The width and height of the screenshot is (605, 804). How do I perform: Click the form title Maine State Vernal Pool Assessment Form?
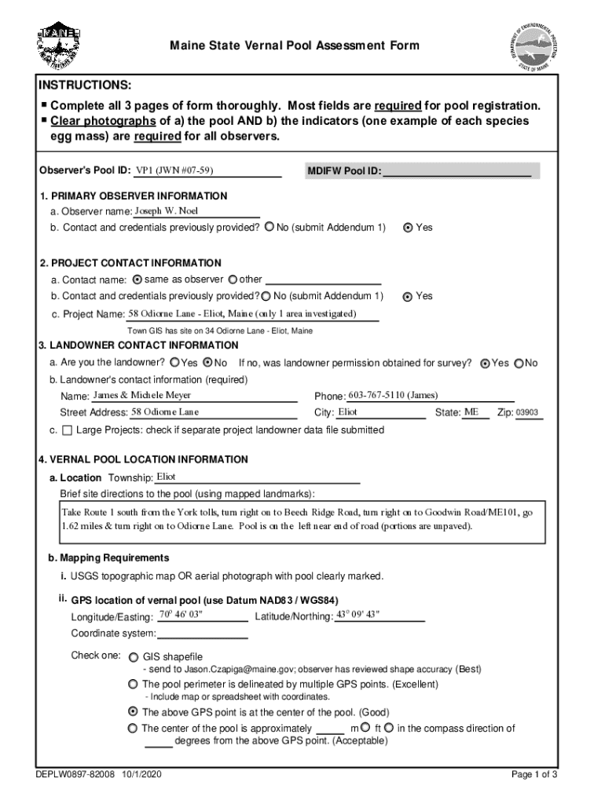[x=295, y=46]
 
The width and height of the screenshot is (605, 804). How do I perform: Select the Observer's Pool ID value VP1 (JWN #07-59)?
[x=174, y=170]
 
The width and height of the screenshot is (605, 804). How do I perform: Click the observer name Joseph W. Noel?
[x=166, y=211]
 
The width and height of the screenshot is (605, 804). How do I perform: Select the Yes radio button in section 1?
[x=407, y=228]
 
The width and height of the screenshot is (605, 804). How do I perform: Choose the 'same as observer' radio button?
[x=137, y=280]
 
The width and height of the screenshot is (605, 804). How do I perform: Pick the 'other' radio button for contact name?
[x=233, y=280]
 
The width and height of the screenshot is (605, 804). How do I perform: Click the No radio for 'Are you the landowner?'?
[x=208, y=363]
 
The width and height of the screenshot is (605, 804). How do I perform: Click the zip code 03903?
[x=526, y=412]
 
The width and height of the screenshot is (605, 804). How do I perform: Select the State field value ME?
[x=471, y=411]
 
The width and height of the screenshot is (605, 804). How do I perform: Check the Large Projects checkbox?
[x=66, y=430]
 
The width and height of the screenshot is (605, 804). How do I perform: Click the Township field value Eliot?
[x=166, y=477]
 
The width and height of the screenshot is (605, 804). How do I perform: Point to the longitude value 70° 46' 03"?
[x=181, y=614]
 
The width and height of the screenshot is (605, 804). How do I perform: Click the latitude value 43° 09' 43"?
[x=357, y=614]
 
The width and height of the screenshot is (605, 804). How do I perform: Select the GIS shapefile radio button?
[x=133, y=656]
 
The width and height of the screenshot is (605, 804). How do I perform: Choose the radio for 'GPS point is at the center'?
[x=133, y=712]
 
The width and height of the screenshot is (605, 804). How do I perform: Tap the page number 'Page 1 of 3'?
[x=533, y=775]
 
